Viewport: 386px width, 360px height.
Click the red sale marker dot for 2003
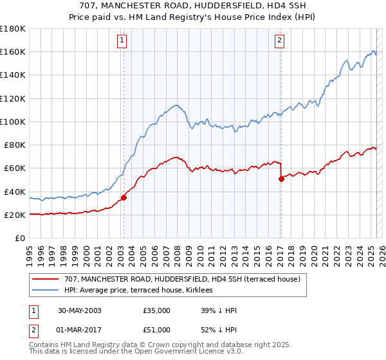[124, 197]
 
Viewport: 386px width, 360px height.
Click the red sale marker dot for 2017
[281, 179]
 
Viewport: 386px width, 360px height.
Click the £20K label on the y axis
[14, 215]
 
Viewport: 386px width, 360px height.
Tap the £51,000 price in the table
[157, 330]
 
